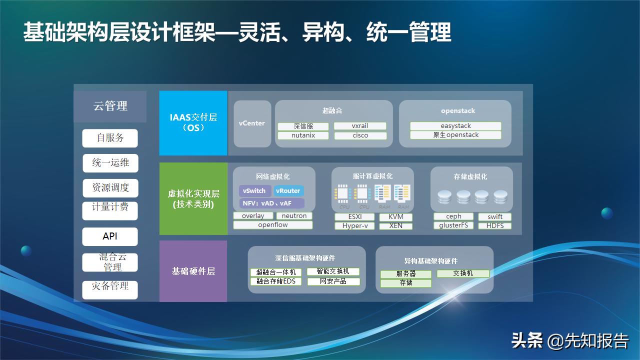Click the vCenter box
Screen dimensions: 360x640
click(252, 123)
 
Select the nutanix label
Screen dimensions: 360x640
click(303, 135)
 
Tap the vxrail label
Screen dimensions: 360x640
click(360, 126)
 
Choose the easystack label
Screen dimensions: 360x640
click(455, 126)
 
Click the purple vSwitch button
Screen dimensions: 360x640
click(255, 191)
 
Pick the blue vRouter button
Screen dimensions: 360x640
click(288, 191)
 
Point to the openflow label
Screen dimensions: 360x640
click(273, 225)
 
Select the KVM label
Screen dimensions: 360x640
click(395, 217)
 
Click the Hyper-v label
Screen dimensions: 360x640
click(355, 226)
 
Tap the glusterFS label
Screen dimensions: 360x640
click(453, 225)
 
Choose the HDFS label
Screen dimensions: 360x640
click(494, 226)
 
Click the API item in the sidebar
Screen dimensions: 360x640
click(110, 236)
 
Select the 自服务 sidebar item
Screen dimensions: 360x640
click(110, 138)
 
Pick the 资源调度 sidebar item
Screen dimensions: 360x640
click(110, 188)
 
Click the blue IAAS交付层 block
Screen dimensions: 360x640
click(193, 123)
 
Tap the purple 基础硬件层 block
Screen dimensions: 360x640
click(193, 271)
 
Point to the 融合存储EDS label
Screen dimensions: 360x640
click(276, 281)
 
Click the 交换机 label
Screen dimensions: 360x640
click(463, 273)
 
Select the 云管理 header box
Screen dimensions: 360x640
click(110, 106)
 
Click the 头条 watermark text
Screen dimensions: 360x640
click(527, 341)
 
